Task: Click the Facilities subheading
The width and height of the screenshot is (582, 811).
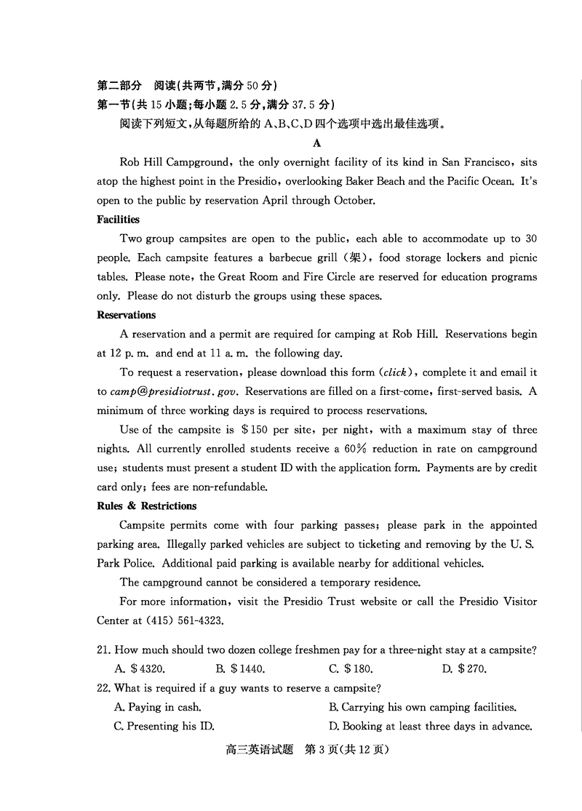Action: (118, 220)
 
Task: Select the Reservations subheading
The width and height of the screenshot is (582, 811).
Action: (126, 315)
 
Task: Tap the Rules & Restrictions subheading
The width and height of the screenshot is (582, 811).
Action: (146, 506)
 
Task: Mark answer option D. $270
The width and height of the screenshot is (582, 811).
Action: (464, 669)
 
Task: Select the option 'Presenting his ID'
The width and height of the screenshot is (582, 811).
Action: (164, 726)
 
